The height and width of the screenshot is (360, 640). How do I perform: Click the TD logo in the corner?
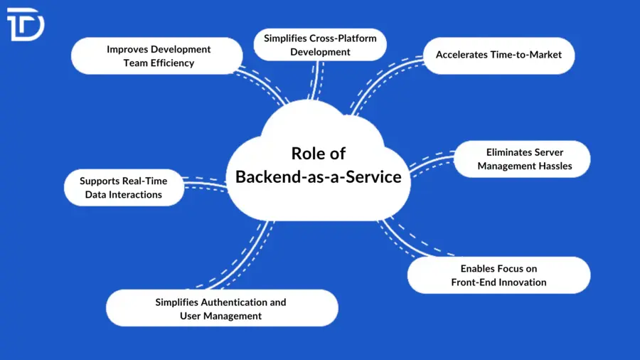click(x=25, y=24)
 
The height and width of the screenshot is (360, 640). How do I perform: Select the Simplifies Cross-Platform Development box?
click(x=320, y=45)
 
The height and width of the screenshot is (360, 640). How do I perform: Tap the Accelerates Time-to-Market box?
click(x=498, y=55)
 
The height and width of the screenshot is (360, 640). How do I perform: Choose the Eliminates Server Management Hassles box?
click(x=524, y=159)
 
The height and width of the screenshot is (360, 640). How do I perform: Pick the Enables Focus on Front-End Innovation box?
click(x=498, y=275)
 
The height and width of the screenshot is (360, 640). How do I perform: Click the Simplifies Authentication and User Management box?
click(x=221, y=309)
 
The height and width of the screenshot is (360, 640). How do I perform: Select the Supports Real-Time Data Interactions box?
click(x=123, y=188)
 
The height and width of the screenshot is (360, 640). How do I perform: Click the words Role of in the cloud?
click(x=318, y=154)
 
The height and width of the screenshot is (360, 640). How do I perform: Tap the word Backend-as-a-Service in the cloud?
click(x=318, y=176)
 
